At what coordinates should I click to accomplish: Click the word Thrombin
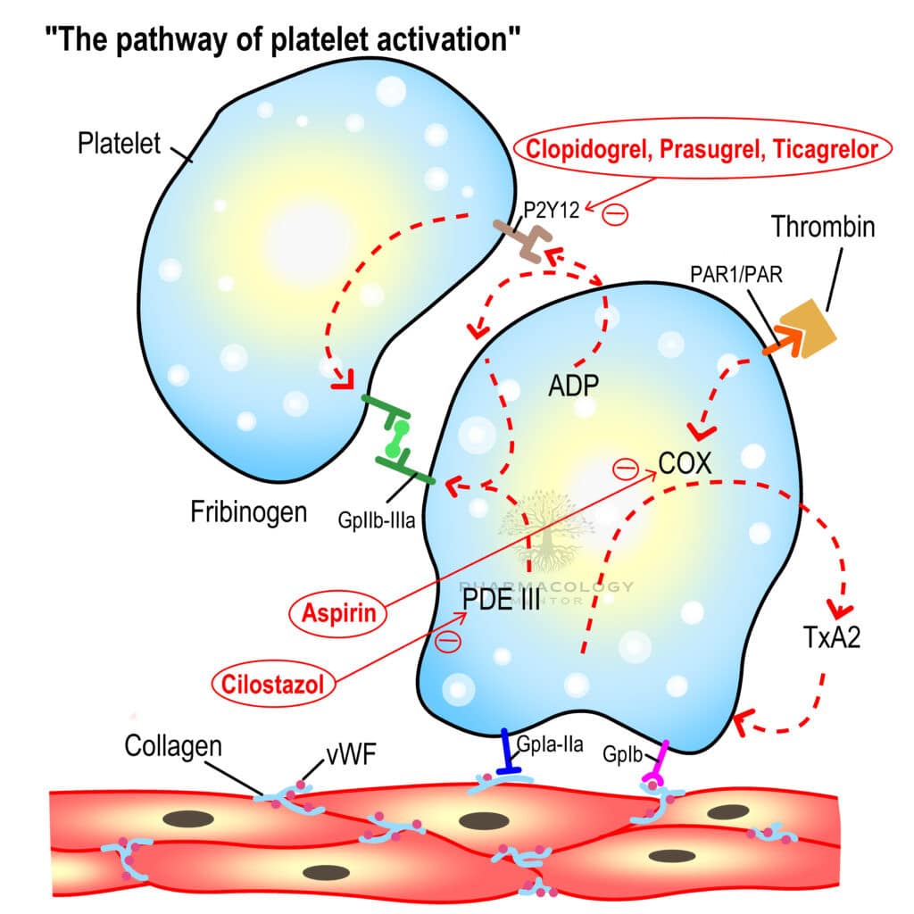(x=824, y=227)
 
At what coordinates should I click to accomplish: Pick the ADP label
(x=572, y=386)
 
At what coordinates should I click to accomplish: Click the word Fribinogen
(x=248, y=512)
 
